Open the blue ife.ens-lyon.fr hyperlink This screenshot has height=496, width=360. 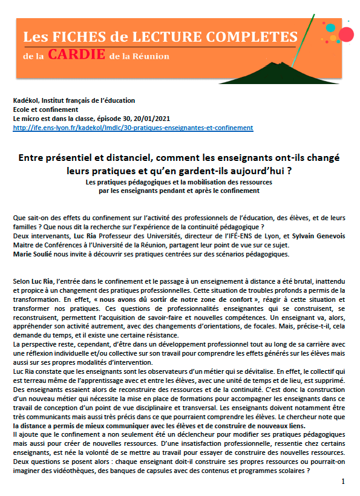(133, 128)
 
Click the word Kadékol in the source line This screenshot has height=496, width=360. (25, 100)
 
